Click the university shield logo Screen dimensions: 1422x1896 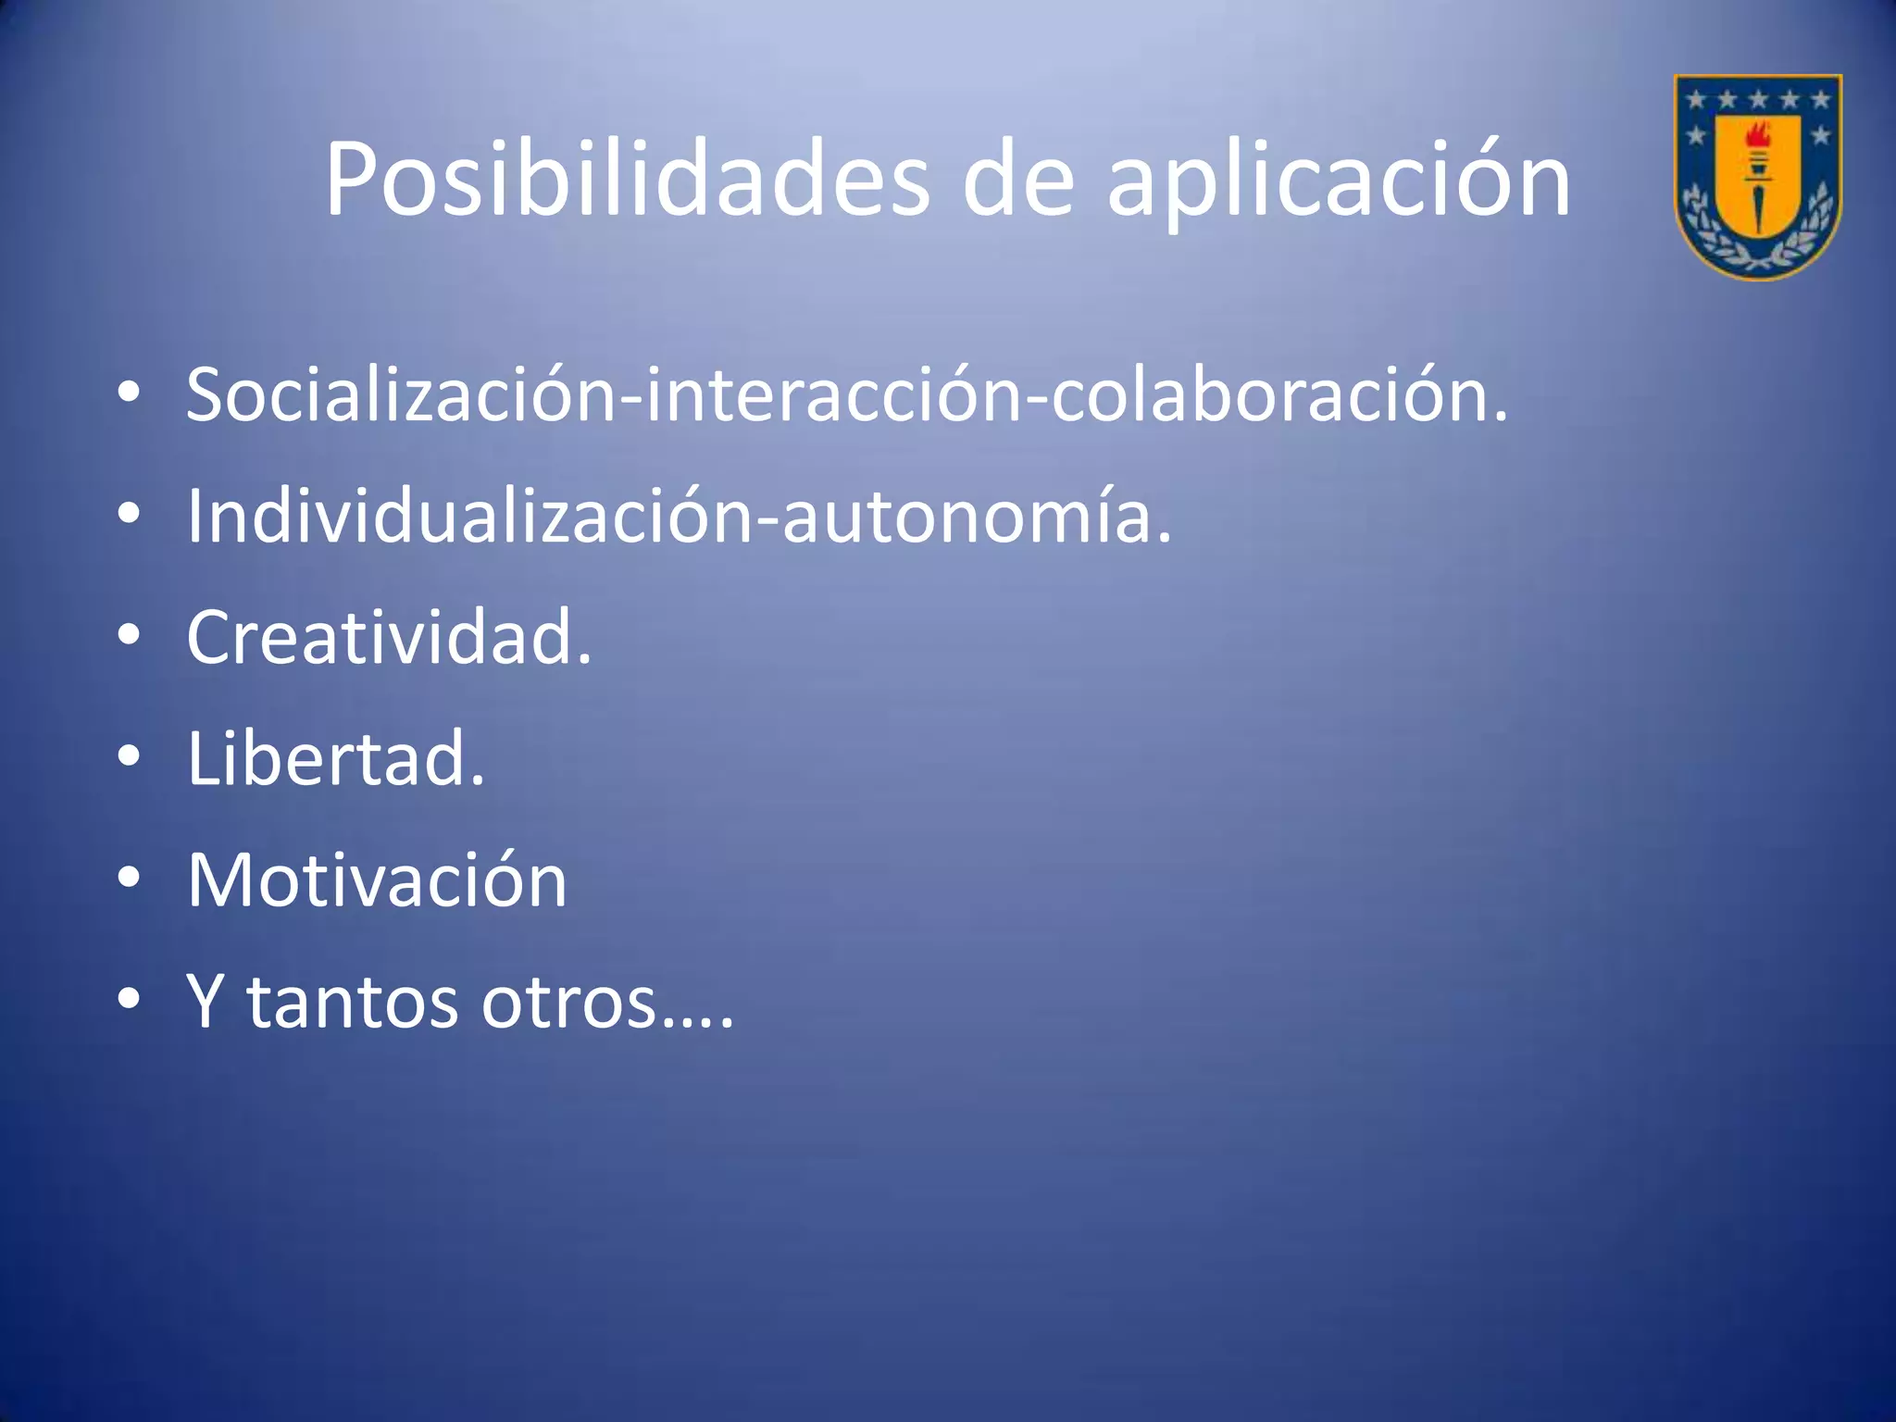(x=1757, y=176)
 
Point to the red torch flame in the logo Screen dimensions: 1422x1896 (x=1756, y=137)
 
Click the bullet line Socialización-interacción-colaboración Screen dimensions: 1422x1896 (x=846, y=394)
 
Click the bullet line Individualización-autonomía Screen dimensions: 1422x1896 (x=679, y=517)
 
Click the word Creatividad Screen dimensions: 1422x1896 (x=389, y=637)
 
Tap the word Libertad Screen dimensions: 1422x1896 (x=335, y=758)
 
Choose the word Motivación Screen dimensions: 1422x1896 (x=377, y=879)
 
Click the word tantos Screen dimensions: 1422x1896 (x=352, y=1002)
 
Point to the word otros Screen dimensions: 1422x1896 (x=569, y=1002)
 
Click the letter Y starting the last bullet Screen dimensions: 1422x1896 (x=206, y=1000)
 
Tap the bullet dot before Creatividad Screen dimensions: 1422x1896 (x=129, y=635)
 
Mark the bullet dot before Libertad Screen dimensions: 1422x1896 (x=129, y=756)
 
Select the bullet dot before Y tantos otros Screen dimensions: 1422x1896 (x=129, y=999)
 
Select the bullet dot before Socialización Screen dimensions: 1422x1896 (x=129, y=393)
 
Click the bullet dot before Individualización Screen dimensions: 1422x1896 (x=129, y=514)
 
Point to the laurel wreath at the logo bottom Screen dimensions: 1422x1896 (x=1757, y=250)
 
